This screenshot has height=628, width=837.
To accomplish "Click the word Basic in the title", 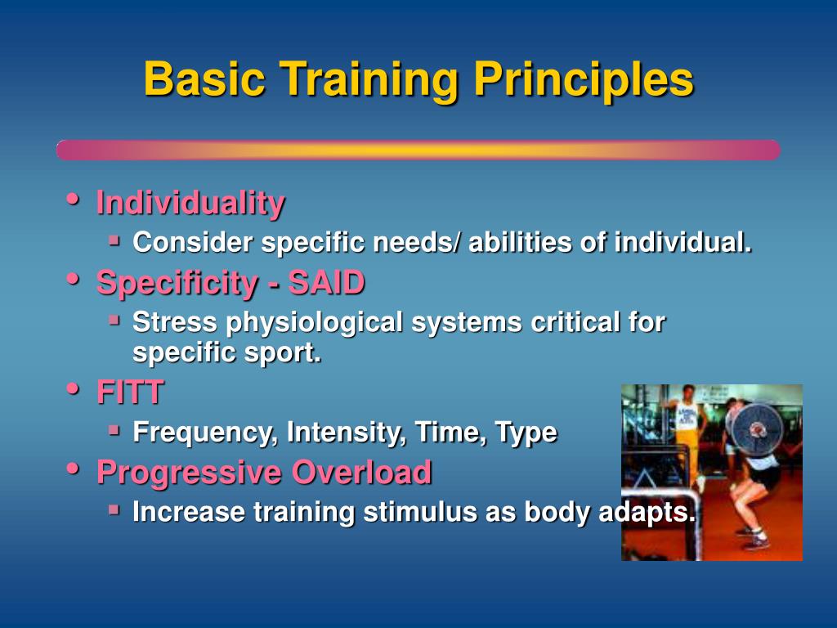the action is pos(204,79).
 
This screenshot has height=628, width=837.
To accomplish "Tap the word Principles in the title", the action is pos(584,80).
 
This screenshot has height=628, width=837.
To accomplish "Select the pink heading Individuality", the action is pos(190,203).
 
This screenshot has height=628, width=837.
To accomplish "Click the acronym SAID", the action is pos(326,282).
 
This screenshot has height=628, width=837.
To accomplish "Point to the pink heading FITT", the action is pos(130,392).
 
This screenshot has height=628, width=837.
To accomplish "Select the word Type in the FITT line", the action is pos(526,433).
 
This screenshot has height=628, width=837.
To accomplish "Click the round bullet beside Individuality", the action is pos(73,200).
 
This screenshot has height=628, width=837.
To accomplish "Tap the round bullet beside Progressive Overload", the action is pos(73,469).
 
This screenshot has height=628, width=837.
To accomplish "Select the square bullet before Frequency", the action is pos(114,428).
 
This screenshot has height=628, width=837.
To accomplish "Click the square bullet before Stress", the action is pos(114,320).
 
